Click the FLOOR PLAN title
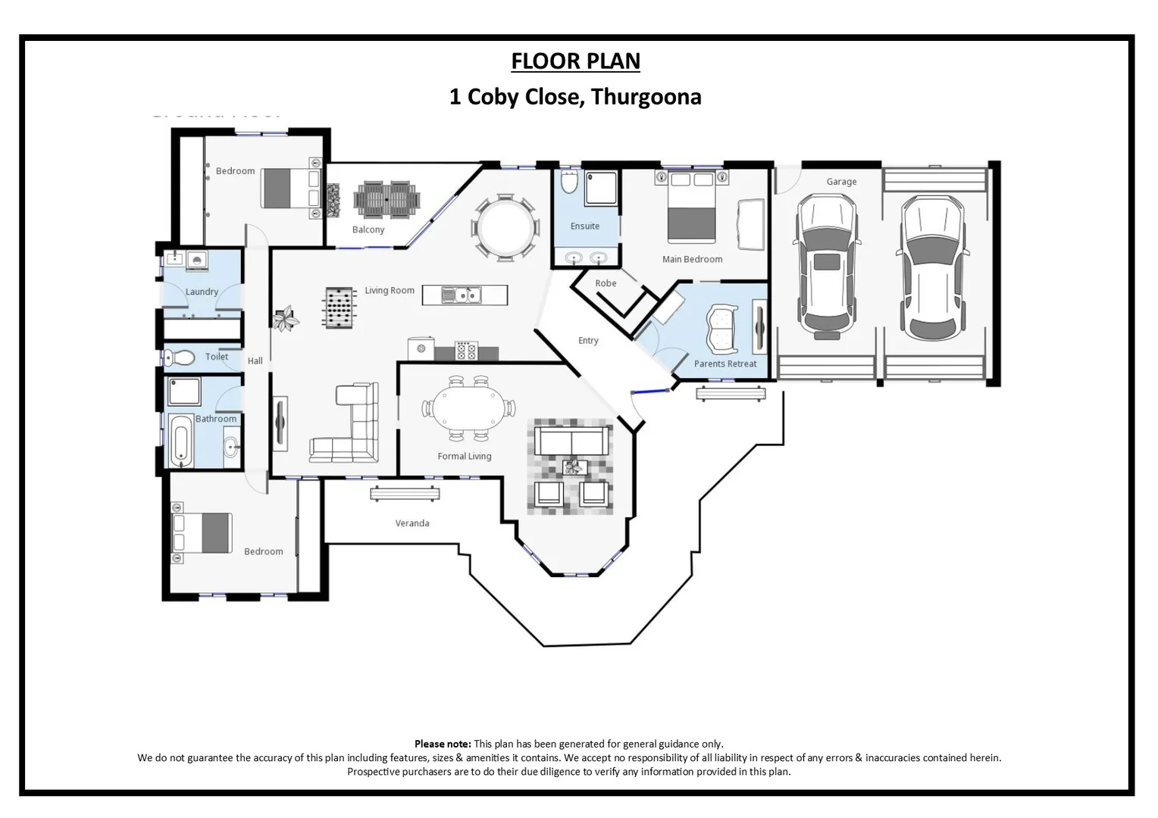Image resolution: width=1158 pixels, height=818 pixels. (575, 61)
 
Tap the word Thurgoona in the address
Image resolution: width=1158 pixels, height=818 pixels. (646, 97)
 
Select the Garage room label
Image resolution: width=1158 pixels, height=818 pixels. (841, 182)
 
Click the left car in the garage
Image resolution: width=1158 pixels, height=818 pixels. (826, 265)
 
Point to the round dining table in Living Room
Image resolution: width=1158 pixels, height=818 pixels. (505, 228)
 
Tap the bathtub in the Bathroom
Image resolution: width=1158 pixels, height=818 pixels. (180, 439)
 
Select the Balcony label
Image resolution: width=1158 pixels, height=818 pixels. (368, 229)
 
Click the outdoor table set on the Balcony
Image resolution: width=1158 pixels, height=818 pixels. (387, 198)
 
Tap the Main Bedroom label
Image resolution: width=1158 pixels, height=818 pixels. (692, 259)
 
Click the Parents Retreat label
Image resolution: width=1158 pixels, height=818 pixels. (725, 364)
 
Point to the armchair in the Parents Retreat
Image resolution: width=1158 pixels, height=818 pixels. (722, 329)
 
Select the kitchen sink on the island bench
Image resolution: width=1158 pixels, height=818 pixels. (462, 295)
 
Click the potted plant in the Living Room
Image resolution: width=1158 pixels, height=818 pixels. (286, 319)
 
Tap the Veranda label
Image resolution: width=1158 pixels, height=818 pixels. (412, 523)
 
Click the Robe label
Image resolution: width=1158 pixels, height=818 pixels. (606, 283)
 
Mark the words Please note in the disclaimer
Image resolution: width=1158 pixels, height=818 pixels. (443, 744)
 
